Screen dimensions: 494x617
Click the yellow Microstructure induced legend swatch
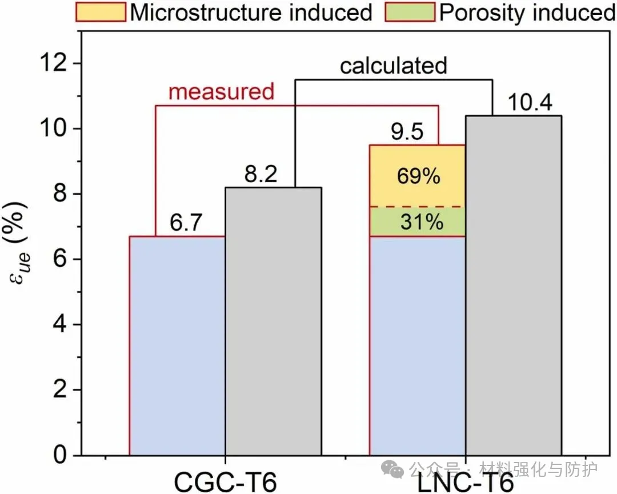pyautogui.click(x=101, y=11)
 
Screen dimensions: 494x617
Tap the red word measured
pyautogui.click(x=222, y=91)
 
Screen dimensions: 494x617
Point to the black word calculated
pyautogui.click(x=394, y=66)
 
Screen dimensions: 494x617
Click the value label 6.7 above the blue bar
pyautogui.click(x=186, y=223)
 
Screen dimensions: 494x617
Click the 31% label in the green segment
pyautogui.click(x=422, y=222)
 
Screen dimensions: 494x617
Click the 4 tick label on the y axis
pyautogui.click(x=61, y=324)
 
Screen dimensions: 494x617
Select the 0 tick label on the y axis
pyautogui.click(x=61, y=455)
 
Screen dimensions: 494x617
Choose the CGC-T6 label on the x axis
pyautogui.click(x=225, y=481)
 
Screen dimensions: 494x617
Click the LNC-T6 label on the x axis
pyautogui.click(x=466, y=481)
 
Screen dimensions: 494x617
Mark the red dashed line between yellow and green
pyautogui.click(x=418, y=206)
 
